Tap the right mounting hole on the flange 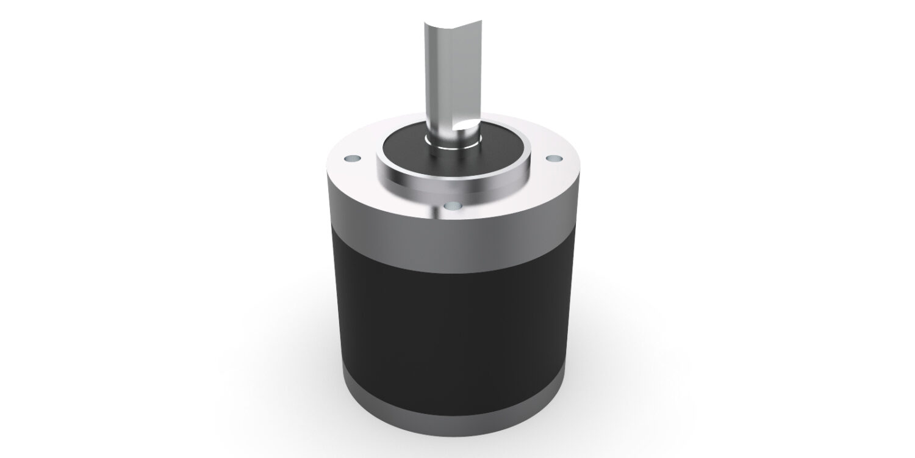pyautogui.click(x=553, y=159)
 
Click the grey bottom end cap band pyautogui.click(x=451, y=415)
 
